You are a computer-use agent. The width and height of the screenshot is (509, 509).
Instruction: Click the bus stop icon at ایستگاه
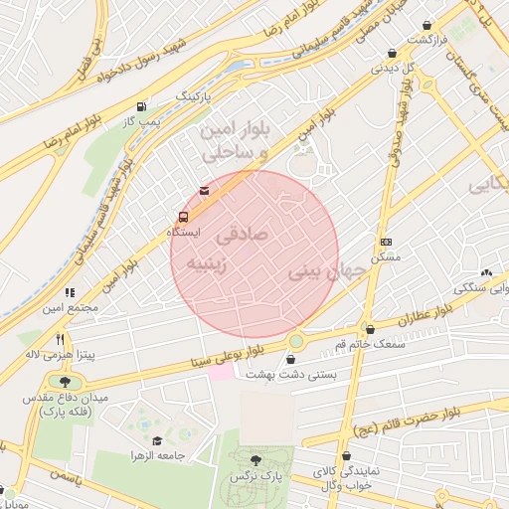[183, 217]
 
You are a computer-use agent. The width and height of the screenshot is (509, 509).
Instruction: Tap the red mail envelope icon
[205, 190]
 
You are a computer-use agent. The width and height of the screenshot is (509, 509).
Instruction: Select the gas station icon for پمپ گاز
[142, 106]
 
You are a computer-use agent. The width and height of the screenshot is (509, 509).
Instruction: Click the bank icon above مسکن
[386, 242]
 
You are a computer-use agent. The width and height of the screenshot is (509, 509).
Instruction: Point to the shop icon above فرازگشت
[426, 25]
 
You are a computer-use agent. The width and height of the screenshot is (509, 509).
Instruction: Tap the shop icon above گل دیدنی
[392, 55]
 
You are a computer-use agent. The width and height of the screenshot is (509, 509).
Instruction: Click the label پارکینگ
[194, 96]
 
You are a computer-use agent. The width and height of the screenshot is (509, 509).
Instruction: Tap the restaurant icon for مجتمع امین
[70, 293]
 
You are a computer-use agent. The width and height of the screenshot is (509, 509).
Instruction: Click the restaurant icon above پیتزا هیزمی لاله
[61, 340]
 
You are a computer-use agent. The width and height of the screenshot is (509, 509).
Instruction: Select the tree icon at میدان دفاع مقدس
[66, 382]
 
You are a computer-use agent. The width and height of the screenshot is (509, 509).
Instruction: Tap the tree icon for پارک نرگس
[256, 460]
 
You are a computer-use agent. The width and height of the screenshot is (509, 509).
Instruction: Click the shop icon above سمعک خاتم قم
[370, 329]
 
